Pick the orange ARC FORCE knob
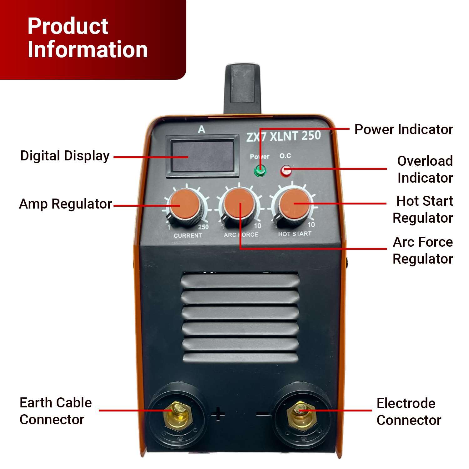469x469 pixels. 240,204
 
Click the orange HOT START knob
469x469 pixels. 293,203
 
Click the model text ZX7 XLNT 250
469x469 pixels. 283,136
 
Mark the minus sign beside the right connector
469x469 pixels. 263,415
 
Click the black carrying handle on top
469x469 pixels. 243,88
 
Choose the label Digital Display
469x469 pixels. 65,156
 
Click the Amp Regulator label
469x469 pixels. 65,204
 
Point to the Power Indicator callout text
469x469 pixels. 403,129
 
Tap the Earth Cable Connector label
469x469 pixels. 56,411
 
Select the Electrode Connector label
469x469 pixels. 408,411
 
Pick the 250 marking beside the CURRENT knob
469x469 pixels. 203,227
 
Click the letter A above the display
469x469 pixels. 202,129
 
